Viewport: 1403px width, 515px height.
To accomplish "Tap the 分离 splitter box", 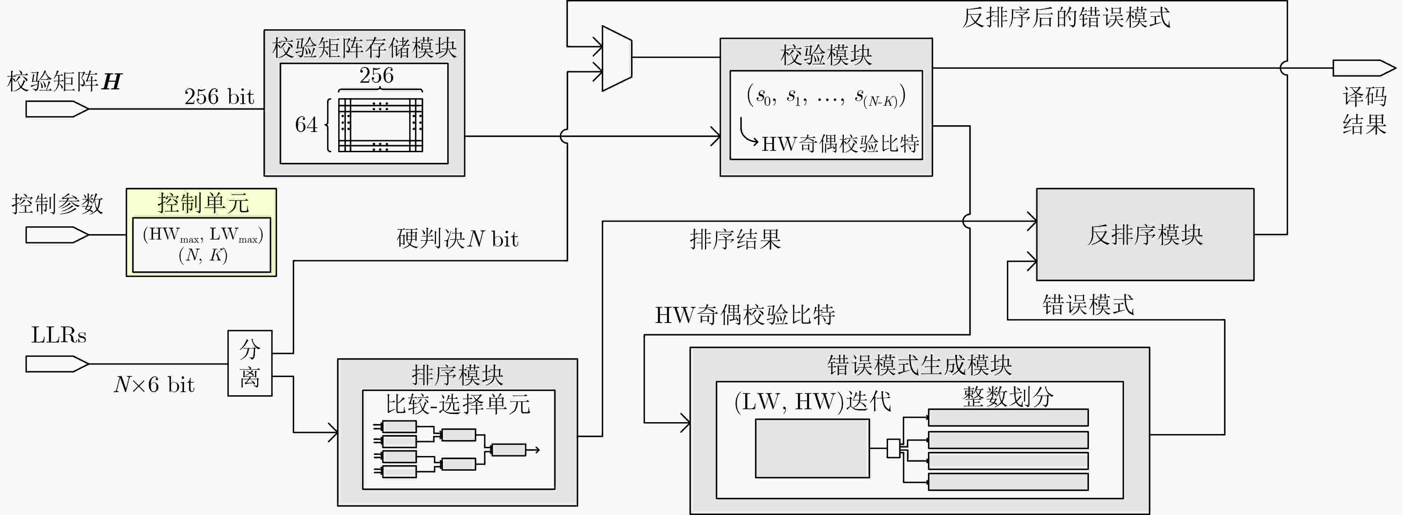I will [x=249, y=363].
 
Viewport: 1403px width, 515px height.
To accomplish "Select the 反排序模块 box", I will [x=1145, y=235].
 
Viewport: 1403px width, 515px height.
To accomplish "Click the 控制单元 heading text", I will [x=203, y=203].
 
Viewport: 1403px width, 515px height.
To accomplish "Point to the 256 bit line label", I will [x=219, y=97].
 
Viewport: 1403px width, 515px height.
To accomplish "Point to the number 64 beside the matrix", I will [x=306, y=125].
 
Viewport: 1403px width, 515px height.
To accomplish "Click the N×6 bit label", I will [x=154, y=385].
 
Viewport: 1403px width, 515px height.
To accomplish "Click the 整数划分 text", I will [x=1008, y=396].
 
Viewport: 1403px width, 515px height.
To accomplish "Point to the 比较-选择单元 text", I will [x=458, y=404].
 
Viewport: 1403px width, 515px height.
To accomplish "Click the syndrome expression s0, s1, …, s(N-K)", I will [x=826, y=96].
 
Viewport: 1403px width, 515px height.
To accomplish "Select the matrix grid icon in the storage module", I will [x=380, y=125].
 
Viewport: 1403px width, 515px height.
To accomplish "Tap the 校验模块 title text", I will [x=826, y=55].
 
